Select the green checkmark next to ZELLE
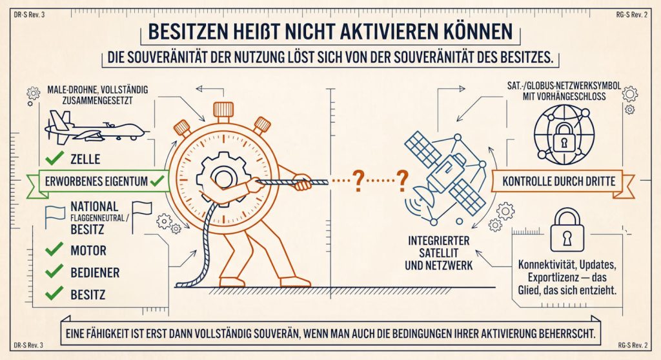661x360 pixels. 54,159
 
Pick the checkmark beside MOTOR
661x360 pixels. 54,250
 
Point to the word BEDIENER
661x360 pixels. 95,272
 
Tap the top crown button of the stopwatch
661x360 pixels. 223,110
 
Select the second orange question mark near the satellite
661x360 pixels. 402,181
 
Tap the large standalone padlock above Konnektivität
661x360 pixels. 567,232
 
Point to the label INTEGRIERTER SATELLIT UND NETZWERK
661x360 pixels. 438,253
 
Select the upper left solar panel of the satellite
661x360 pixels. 422,149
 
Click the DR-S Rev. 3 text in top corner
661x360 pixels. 29,15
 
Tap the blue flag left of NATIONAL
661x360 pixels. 55,216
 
